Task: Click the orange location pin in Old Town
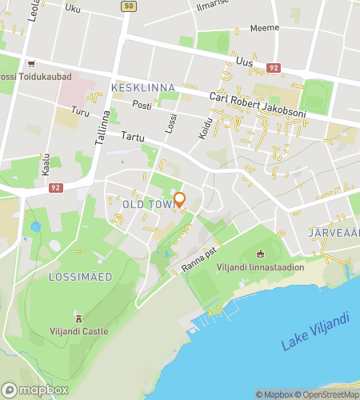(179, 199)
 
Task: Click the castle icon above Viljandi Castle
(78, 317)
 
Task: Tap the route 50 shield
(128, 6)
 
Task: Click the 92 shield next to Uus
(274, 69)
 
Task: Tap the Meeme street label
(265, 28)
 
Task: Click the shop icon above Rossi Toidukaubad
(31, 64)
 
